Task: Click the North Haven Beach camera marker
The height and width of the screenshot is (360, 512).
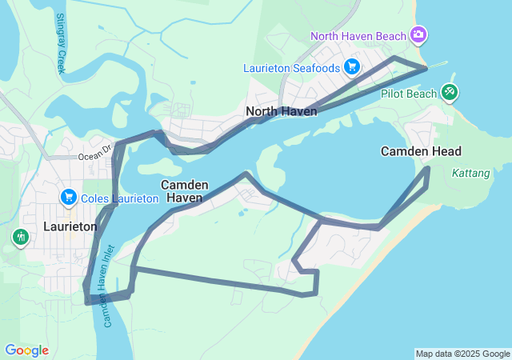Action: click(418, 34)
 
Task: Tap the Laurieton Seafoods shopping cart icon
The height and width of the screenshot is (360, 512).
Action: click(351, 67)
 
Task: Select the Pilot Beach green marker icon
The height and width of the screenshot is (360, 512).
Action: click(450, 94)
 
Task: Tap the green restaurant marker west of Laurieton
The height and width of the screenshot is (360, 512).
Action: click(20, 237)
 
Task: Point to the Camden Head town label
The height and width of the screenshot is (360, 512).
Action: click(421, 151)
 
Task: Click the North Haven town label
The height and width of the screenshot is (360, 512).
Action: click(282, 111)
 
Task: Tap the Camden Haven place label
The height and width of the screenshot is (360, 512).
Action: click(185, 190)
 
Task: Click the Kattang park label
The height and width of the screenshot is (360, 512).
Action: click(466, 173)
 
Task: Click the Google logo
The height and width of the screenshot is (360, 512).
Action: click(26, 350)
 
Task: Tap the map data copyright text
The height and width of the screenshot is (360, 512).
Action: click(462, 354)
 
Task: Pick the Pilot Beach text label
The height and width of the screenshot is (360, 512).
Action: click(409, 94)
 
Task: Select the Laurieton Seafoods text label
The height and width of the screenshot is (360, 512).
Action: click(291, 68)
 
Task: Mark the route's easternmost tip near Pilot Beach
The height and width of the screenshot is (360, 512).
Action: click(426, 69)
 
